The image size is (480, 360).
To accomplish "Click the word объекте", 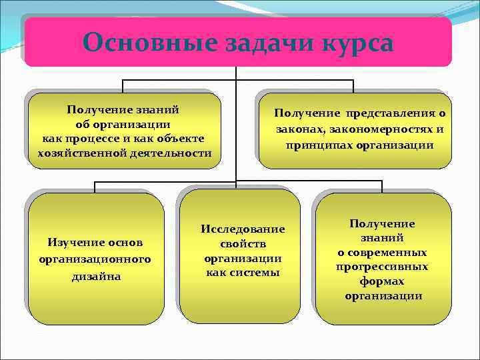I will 179,138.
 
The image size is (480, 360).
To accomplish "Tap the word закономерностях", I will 381,129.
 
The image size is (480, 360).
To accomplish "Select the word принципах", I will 323,145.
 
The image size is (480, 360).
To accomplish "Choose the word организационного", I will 95,258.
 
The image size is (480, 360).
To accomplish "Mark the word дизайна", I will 96,275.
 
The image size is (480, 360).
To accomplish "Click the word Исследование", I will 243,229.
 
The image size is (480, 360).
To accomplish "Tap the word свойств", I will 243,243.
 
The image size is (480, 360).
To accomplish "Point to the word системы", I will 257,273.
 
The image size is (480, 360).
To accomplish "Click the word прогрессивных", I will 382,267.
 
